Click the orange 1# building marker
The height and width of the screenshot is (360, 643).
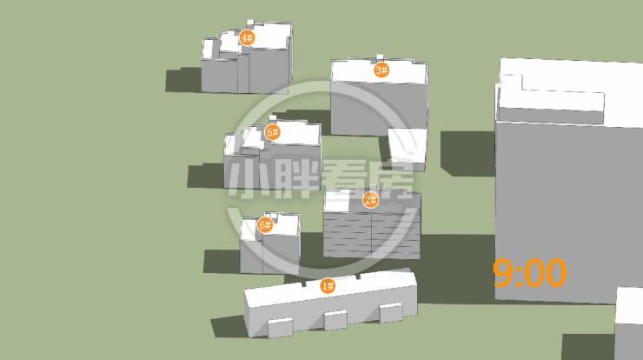[x=328, y=286]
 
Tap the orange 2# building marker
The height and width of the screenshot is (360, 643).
[x=371, y=200]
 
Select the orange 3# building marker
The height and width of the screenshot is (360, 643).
[x=381, y=70]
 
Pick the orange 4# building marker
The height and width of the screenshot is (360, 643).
[x=247, y=37]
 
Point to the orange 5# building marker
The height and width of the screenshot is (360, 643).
[x=272, y=132]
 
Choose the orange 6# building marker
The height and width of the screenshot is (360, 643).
[x=265, y=224]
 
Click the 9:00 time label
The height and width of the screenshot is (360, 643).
[x=529, y=273]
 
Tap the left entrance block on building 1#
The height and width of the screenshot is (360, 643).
[x=281, y=327]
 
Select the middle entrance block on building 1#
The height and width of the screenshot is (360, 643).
[x=335, y=320]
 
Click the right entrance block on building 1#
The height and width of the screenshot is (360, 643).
[x=390, y=312]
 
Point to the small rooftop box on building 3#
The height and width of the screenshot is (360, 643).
[x=380, y=57]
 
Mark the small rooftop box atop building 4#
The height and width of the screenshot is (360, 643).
[x=250, y=23]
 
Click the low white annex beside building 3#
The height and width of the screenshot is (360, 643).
[x=408, y=149]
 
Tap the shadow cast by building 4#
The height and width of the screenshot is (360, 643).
[x=183, y=80]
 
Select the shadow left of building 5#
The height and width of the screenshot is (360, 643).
[x=206, y=176]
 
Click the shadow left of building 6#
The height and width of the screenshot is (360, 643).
[x=222, y=262]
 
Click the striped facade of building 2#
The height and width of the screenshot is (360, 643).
[x=372, y=234]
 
